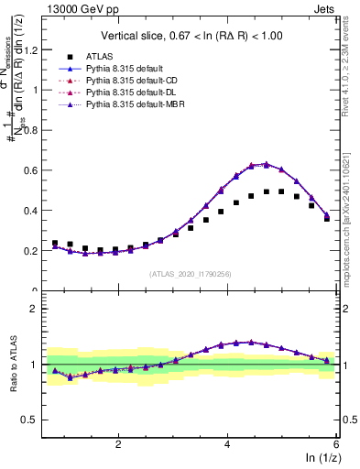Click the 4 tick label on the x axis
(226, 443)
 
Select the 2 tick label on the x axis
(117, 443)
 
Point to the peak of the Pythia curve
(266, 164)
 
